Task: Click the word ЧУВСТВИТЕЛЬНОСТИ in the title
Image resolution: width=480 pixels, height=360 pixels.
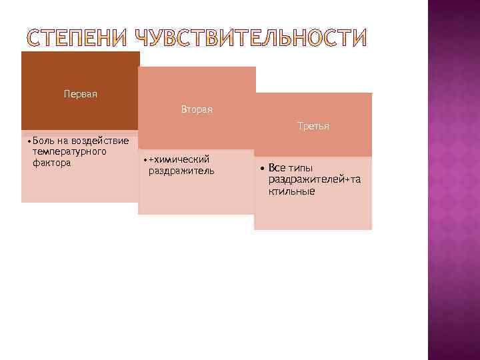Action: (251, 39)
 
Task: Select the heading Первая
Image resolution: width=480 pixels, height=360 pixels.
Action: (81, 94)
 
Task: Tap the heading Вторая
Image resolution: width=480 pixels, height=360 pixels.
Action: (197, 109)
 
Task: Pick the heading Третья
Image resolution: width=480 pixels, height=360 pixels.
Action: (313, 125)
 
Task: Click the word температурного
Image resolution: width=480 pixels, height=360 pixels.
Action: (69, 152)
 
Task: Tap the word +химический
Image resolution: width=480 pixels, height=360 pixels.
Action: (179, 159)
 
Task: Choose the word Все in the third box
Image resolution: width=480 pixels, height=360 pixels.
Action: (277, 168)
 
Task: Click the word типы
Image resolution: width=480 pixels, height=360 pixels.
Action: (300, 168)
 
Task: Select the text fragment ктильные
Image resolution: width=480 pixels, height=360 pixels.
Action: (292, 191)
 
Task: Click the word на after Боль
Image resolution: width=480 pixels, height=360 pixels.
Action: (63, 141)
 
